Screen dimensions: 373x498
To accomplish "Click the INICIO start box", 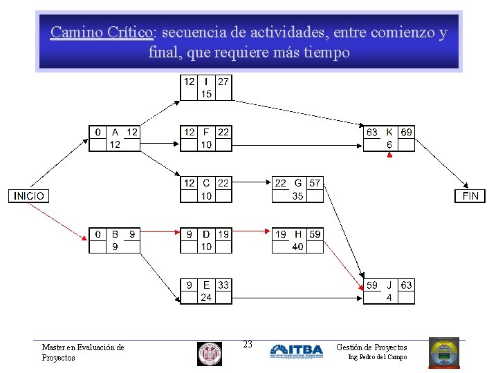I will click(x=28, y=195).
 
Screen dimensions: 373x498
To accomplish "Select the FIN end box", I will click(x=470, y=195).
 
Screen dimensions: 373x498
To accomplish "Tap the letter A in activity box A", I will click(x=115, y=132).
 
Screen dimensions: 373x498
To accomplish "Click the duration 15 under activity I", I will click(x=206, y=94).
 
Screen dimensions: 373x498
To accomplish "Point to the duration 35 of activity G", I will click(x=297, y=195).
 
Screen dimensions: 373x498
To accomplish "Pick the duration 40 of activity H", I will click(x=297, y=247).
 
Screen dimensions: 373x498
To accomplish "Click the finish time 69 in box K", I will click(x=407, y=132).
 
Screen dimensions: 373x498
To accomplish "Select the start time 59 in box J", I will click(x=372, y=285).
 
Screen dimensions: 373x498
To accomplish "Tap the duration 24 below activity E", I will click(x=206, y=298).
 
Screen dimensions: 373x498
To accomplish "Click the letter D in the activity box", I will click(x=206, y=234).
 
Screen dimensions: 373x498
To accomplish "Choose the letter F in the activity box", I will click(x=206, y=132).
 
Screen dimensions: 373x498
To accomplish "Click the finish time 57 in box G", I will click(x=315, y=183).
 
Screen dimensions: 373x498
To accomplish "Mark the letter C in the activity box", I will click(x=206, y=183).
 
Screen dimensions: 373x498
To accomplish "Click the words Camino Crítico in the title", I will click(x=102, y=32).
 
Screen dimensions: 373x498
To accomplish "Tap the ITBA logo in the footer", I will click(x=296, y=351).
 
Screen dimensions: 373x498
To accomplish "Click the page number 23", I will click(x=248, y=344).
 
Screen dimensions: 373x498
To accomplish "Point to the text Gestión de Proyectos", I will click(x=371, y=347).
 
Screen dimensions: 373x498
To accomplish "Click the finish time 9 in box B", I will click(x=132, y=234).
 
